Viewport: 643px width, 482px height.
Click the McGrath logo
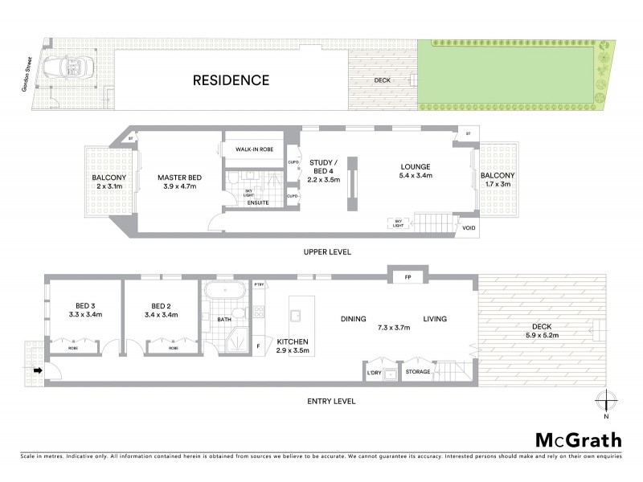click(x=578, y=439)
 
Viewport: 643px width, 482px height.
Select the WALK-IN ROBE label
click(x=255, y=150)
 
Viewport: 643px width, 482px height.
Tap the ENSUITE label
click(x=257, y=202)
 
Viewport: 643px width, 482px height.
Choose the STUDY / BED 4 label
click(x=325, y=171)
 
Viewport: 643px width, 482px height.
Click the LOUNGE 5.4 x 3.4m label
click(x=416, y=171)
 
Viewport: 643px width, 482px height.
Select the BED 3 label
click(x=83, y=310)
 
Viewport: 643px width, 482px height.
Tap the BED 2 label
click(x=162, y=310)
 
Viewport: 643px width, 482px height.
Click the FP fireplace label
click(x=408, y=277)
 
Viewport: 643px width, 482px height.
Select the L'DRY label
click(x=374, y=372)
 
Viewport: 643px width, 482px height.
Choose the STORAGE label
click(x=418, y=372)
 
